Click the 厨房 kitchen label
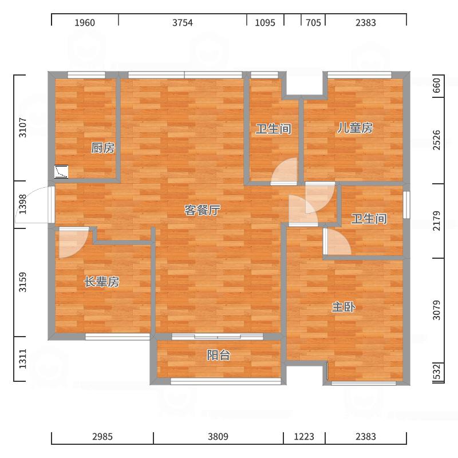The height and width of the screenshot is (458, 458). (x=102, y=148)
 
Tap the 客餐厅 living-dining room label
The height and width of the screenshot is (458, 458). (x=202, y=210)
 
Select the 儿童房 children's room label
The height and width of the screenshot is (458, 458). (x=355, y=128)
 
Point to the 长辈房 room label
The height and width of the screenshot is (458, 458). (x=102, y=282)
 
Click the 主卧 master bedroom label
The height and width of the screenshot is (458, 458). (x=343, y=307)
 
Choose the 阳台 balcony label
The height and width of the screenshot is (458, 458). (x=219, y=355)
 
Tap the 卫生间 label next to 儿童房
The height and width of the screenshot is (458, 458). (x=274, y=129)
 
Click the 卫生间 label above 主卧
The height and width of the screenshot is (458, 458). (x=369, y=219)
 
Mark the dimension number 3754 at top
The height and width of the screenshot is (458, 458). (x=183, y=23)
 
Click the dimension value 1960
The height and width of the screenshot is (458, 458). (x=85, y=23)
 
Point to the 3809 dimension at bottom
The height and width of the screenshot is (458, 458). (x=218, y=437)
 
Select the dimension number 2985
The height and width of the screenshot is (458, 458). (x=102, y=437)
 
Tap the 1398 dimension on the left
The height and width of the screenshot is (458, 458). (x=23, y=204)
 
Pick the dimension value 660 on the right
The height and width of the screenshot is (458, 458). (x=436, y=85)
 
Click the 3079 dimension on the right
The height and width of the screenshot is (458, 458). (x=436, y=310)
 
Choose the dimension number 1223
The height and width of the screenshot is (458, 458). (x=304, y=437)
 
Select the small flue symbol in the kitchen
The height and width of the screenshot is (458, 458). (x=61, y=172)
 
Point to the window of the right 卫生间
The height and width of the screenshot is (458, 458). (x=406, y=205)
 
